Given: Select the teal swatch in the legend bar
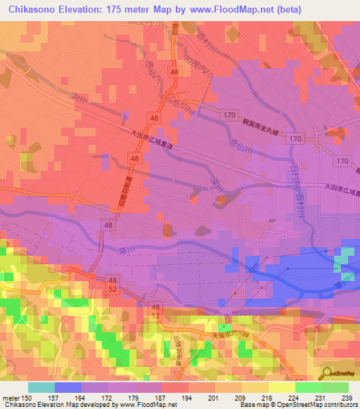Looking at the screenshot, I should pyautogui.click(x=41, y=387).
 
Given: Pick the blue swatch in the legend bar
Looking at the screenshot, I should pyautogui.click(x=68, y=387).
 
